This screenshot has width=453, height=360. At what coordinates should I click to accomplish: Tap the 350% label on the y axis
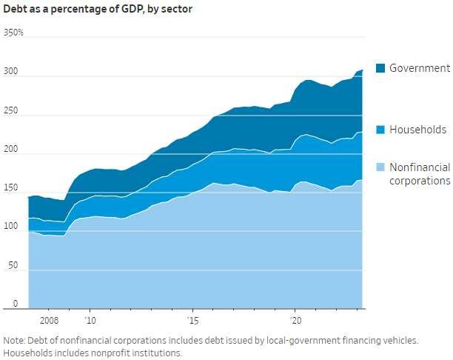(x=14, y=33)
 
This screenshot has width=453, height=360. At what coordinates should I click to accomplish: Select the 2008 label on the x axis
(x=49, y=321)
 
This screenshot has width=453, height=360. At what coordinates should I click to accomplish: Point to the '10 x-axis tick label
(x=90, y=321)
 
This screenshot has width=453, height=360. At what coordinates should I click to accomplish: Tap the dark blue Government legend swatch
(x=380, y=68)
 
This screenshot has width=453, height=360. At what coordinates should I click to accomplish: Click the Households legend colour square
(x=380, y=130)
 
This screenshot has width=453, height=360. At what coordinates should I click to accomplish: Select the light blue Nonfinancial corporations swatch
(x=380, y=168)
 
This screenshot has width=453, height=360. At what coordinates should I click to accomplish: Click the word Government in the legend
(x=419, y=68)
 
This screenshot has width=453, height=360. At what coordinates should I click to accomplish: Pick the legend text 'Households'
(x=418, y=130)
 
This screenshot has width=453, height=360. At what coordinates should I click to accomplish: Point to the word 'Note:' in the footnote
(x=16, y=340)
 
